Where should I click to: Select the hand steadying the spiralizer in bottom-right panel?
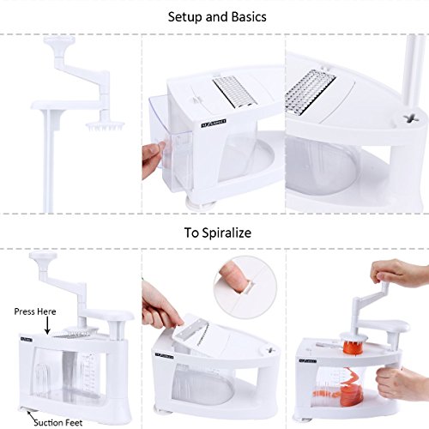coord(396,378)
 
